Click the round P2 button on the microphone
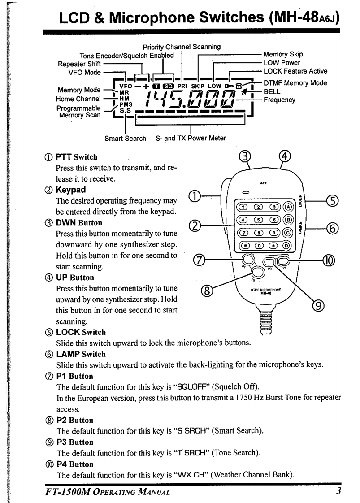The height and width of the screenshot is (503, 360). (x=257, y=272)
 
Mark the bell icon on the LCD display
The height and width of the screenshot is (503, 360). (x=244, y=92)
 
